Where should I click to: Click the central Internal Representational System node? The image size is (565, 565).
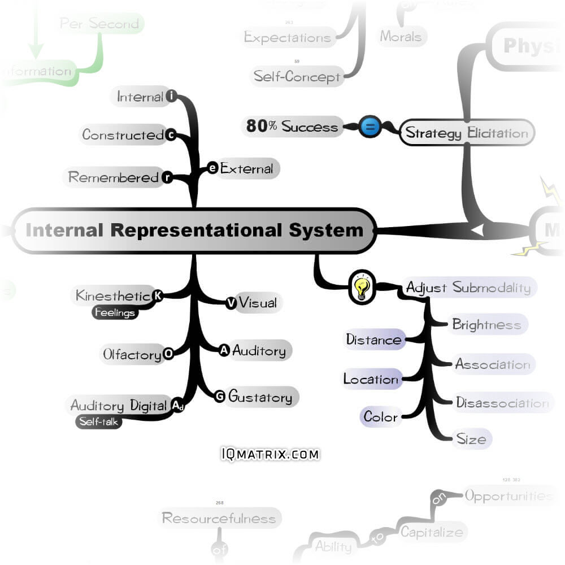click(x=194, y=231)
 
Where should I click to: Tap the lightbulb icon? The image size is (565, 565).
click(x=362, y=287)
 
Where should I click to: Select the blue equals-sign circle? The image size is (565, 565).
click(x=370, y=127)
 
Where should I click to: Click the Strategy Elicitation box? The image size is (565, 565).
click(x=467, y=133)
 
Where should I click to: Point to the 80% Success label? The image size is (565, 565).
click(x=292, y=126)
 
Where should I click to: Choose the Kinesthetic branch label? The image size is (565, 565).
click(x=113, y=295)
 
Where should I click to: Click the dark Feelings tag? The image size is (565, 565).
click(x=115, y=312)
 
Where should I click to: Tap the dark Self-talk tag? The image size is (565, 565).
click(x=99, y=421)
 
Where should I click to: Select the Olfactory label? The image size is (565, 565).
click(x=132, y=355)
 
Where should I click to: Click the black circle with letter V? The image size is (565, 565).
click(x=231, y=303)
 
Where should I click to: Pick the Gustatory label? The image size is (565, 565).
click(x=260, y=397)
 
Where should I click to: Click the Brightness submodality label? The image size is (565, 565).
click(x=486, y=325)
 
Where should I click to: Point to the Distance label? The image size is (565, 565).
click(x=373, y=340)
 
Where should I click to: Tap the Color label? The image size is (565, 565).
click(x=380, y=417)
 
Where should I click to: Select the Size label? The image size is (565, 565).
click(x=471, y=438)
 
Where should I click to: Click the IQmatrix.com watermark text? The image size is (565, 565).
click(x=270, y=454)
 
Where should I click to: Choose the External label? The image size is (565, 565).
click(x=246, y=168)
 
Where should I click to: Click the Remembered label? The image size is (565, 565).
click(x=113, y=177)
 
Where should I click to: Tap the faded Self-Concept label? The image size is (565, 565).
click(x=297, y=76)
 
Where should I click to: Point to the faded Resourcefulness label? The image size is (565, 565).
click(x=219, y=518)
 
